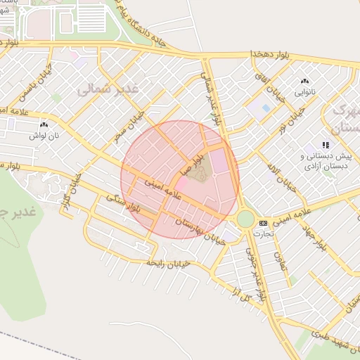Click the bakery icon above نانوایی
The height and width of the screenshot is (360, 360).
coord(304,82)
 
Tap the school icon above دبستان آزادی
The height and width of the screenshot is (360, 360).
coord(325,145)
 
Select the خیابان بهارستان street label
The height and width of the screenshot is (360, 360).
coord(193,231)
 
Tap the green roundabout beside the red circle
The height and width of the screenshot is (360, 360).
coord(245,219)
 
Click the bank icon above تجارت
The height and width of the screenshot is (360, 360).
coord(264,223)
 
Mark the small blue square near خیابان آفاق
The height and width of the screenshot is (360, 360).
coord(265,108)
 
